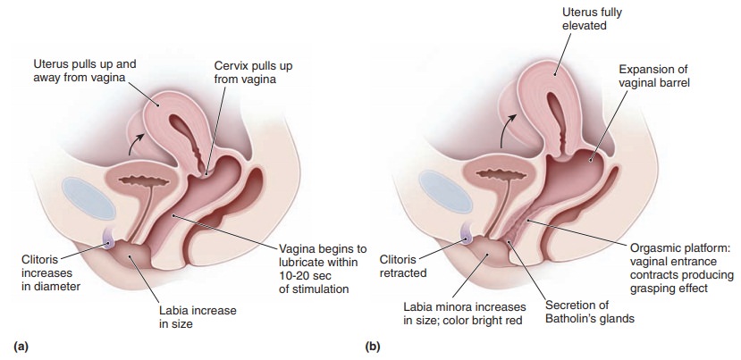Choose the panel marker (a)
tap(16, 344)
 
